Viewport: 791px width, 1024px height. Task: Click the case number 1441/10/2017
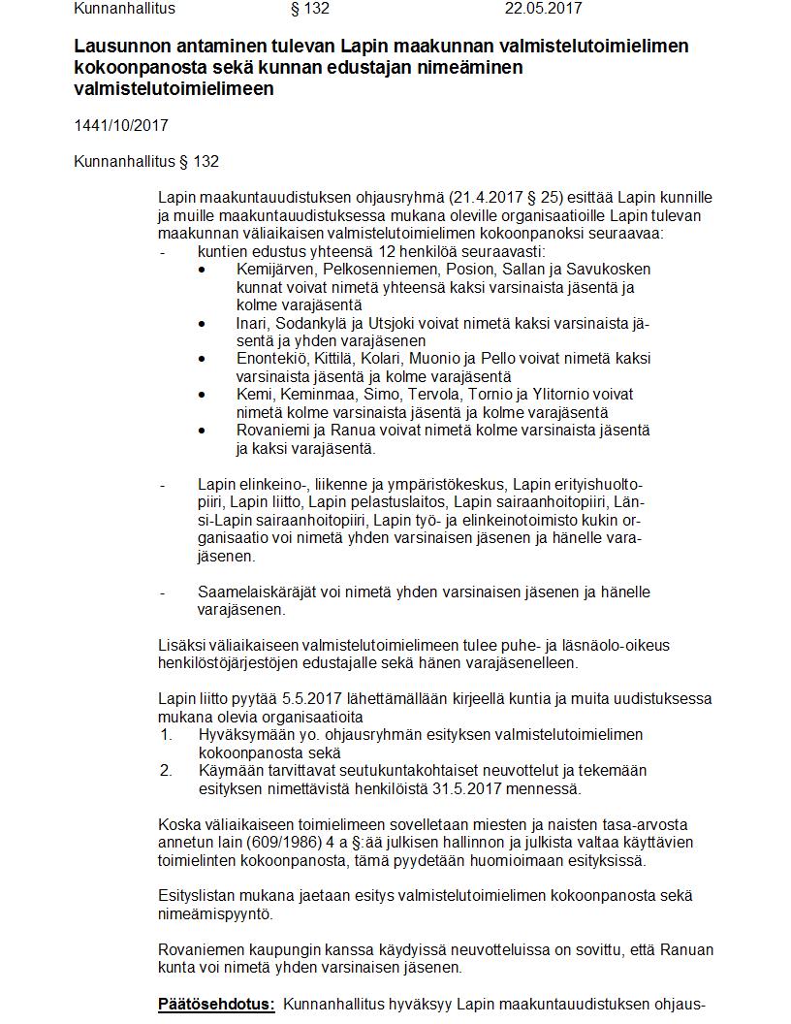click(114, 126)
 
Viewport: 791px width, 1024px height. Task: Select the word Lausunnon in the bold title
click(115, 47)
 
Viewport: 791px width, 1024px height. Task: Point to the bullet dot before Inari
click(202, 324)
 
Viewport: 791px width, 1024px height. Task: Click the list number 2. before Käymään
click(166, 770)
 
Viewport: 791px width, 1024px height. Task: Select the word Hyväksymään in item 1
click(243, 734)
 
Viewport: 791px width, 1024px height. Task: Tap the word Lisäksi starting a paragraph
click(182, 645)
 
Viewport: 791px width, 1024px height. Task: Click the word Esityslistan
click(198, 895)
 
